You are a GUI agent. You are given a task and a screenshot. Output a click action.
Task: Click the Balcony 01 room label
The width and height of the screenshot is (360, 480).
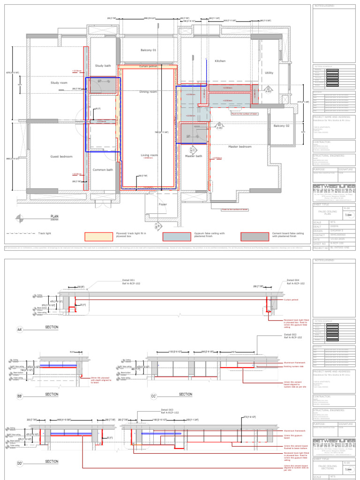click(148, 50)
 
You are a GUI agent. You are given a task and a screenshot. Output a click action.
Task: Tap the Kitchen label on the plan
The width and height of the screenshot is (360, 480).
click(220, 61)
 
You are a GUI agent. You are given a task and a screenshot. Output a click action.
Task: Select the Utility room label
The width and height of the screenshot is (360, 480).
click(269, 73)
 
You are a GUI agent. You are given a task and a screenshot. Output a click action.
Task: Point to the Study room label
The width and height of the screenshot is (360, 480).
click(59, 82)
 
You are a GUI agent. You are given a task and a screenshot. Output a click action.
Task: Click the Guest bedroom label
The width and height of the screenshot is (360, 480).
click(61, 157)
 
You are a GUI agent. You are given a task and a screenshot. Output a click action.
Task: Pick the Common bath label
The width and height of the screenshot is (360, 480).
click(103, 170)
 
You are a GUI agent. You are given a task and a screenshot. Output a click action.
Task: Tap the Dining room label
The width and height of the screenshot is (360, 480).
click(148, 92)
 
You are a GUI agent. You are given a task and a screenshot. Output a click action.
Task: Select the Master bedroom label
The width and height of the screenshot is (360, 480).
click(240, 147)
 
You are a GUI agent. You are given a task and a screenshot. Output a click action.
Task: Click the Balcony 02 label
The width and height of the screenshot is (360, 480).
click(282, 126)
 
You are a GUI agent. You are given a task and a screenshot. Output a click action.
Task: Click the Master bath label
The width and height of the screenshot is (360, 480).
click(193, 156)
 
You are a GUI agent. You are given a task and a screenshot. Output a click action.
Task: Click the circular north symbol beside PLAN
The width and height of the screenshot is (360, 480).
click(20, 217)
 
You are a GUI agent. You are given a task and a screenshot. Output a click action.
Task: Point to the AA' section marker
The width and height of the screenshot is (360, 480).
click(20, 330)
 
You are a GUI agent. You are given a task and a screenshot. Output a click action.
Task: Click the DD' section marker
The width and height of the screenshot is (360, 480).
click(20, 464)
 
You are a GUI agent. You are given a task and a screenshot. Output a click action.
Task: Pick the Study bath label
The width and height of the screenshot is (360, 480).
click(103, 66)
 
